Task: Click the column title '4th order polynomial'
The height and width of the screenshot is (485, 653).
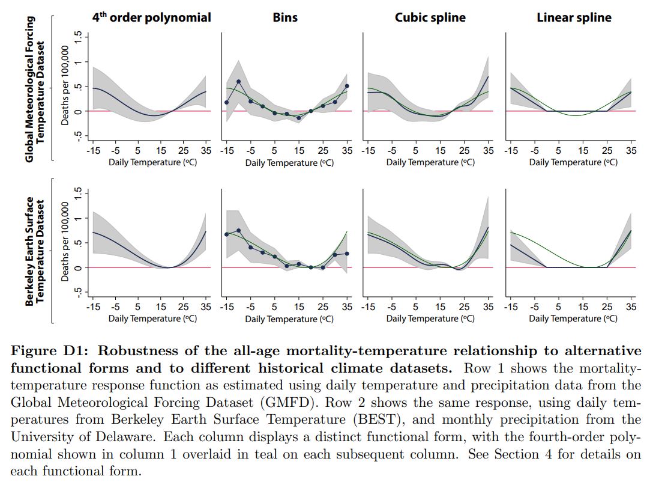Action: (x=151, y=17)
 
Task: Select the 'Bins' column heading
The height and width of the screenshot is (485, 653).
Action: (x=285, y=17)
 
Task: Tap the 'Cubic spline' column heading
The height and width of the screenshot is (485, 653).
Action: (x=430, y=17)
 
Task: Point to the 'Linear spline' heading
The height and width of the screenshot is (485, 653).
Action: (x=574, y=17)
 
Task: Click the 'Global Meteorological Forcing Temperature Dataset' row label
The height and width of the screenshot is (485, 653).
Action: (x=35, y=89)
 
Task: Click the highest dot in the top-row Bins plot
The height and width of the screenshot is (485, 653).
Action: (x=238, y=82)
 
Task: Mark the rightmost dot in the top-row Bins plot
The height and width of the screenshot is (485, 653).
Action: (x=347, y=86)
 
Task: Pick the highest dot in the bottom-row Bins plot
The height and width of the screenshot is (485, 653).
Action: (x=238, y=231)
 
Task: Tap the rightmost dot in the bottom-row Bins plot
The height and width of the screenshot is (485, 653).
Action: (x=347, y=254)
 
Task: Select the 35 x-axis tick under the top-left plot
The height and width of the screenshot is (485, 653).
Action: (x=206, y=150)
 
